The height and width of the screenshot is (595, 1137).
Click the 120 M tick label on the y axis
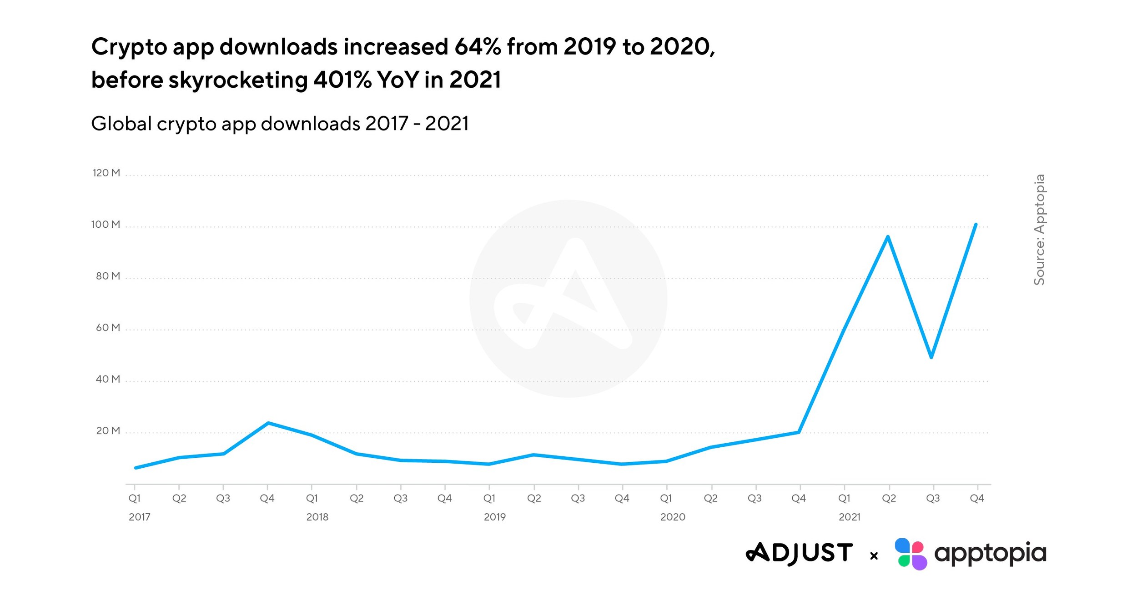pyautogui.click(x=106, y=173)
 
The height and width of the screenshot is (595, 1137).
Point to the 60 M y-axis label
pyautogui.click(x=107, y=327)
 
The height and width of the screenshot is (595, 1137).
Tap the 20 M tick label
pyautogui.click(x=108, y=430)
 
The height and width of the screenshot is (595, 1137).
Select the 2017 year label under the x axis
pyautogui.click(x=139, y=517)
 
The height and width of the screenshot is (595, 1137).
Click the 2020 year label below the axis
pyautogui.click(x=672, y=517)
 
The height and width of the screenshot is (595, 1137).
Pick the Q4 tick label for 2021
pyautogui.click(x=976, y=498)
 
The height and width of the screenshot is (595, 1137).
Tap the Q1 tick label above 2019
pyautogui.click(x=489, y=498)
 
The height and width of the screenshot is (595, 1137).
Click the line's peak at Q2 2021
pyautogui.click(x=887, y=237)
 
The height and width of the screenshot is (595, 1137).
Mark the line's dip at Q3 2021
pyautogui.click(x=931, y=357)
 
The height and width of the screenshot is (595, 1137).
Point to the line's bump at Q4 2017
pyautogui.click(x=268, y=423)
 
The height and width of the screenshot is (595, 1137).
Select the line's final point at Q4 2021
pyautogui.click(x=976, y=225)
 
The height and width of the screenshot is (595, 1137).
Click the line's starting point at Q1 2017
pyautogui.click(x=136, y=468)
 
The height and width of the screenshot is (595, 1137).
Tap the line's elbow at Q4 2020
pyautogui.click(x=799, y=432)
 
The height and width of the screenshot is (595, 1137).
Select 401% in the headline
pyautogui.click(x=342, y=80)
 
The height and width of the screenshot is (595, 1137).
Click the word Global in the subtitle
pyautogui.click(x=121, y=124)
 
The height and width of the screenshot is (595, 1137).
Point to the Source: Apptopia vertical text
pyautogui.click(x=1039, y=230)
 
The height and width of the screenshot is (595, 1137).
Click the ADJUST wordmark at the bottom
pyautogui.click(x=799, y=553)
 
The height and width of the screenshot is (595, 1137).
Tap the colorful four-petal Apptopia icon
pyautogui.click(x=910, y=554)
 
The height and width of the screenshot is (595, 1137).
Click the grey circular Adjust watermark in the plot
pyautogui.click(x=568, y=299)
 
